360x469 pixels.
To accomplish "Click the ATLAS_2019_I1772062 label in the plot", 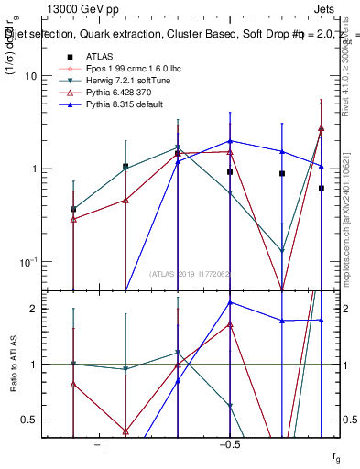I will tap(191, 274).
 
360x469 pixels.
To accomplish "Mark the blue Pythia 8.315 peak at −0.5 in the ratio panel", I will tap(230, 302).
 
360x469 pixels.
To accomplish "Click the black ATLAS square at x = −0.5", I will tap(230, 172).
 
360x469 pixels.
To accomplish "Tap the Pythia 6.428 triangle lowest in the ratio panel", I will tap(125, 431).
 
